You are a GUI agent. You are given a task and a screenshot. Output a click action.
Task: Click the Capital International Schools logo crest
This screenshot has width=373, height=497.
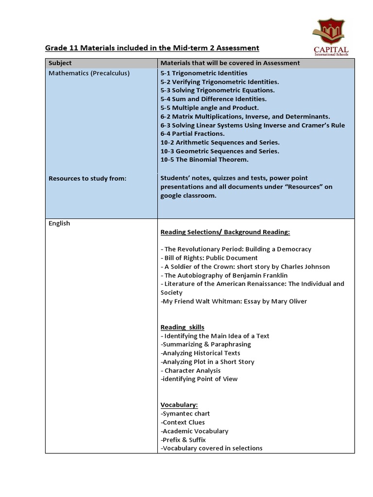click(x=330, y=32)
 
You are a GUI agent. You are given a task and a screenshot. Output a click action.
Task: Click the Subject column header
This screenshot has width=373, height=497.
click(x=60, y=63)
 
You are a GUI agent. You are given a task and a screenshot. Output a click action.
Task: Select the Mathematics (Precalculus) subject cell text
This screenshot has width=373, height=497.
click(x=89, y=73)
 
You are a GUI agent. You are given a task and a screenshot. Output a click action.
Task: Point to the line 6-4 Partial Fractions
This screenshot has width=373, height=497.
click(x=192, y=134)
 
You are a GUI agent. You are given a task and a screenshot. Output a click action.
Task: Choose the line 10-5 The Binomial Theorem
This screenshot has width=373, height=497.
click(x=204, y=160)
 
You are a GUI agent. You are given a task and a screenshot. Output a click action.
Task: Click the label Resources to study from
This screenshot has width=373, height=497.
click(x=87, y=178)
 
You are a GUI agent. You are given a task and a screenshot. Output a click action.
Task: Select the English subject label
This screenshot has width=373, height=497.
click(x=59, y=223)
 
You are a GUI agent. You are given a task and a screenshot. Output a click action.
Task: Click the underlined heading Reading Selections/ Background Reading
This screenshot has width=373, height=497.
click(x=225, y=232)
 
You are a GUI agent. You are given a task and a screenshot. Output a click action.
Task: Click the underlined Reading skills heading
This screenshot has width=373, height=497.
click(x=182, y=327)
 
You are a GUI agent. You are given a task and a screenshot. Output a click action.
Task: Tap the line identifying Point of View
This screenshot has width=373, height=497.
click(x=199, y=379)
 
